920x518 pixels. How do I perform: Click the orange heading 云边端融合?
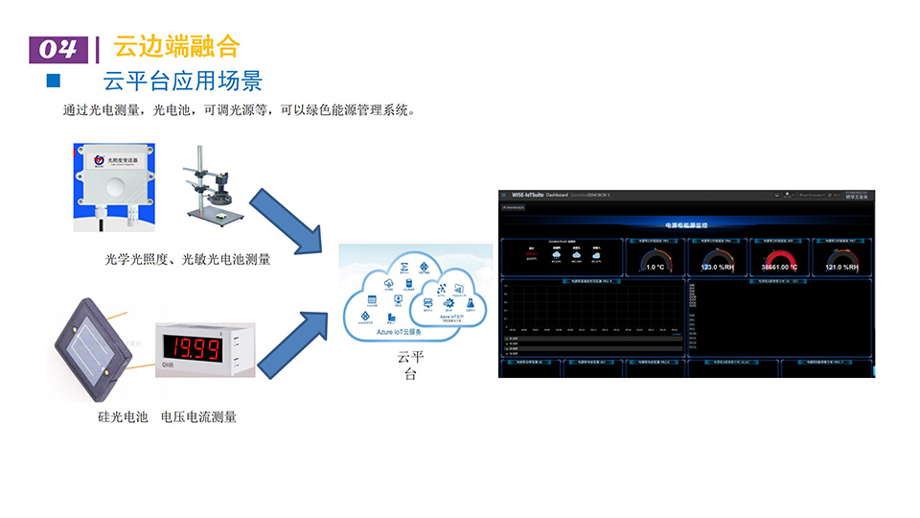[175, 45]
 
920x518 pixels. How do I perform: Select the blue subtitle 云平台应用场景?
[182, 81]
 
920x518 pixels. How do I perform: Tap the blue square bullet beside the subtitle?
[54, 80]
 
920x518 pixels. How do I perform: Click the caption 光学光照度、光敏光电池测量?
[188, 259]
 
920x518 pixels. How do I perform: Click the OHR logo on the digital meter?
[167, 365]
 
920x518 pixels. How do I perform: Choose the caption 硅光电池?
[123, 416]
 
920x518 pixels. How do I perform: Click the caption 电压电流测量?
[198, 416]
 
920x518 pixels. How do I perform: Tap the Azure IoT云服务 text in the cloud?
[399, 332]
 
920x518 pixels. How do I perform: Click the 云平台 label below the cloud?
[410, 365]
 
